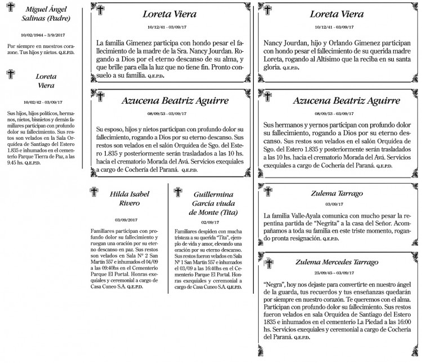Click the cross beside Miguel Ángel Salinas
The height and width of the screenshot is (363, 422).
pos(10,11)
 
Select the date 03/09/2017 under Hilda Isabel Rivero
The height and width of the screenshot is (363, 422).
pos(126,219)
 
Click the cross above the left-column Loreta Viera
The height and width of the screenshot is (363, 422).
pos(10,73)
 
